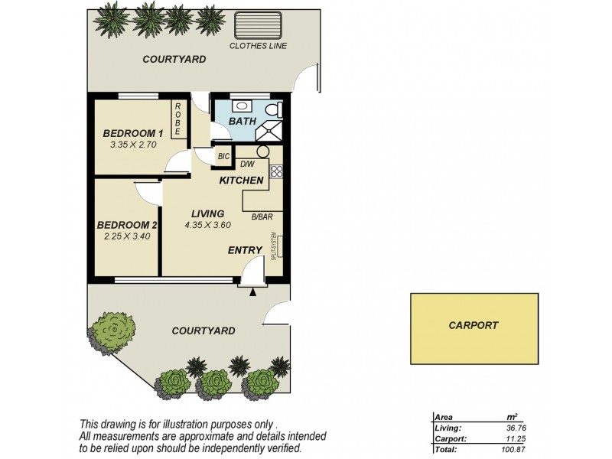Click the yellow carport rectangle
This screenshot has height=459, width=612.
[473, 328]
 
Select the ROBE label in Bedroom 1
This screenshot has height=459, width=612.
[177, 120]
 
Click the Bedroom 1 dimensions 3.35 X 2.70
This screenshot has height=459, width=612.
[133, 143]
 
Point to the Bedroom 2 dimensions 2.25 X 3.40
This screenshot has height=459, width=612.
[127, 237]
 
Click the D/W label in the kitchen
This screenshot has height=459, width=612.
[247, 164]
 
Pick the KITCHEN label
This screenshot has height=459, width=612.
[242, 181]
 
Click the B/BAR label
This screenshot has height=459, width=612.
[262, 216]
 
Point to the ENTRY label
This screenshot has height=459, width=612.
[246, 250]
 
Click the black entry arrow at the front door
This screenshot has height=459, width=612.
[252, 291]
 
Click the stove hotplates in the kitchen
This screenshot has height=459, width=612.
[276, 171]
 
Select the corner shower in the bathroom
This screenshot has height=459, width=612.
[270, 131]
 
